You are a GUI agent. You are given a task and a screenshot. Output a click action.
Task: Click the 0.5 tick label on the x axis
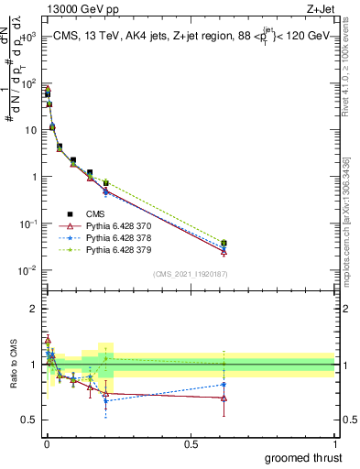coord(191,443)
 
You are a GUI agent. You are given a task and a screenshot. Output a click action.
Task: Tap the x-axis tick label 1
coord(335,443)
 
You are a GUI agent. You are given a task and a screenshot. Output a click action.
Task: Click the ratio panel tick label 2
coord(33,309)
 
